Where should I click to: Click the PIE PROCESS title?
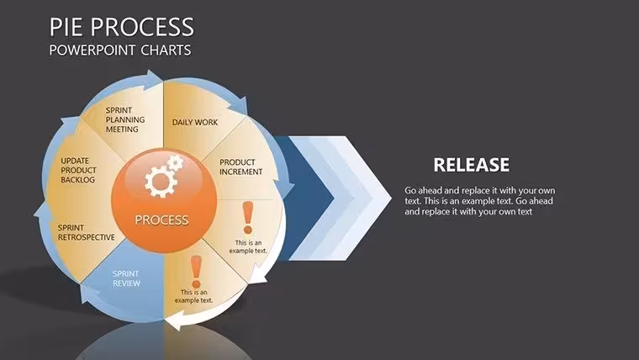pos(121,27)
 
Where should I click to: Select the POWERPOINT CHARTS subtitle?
pos(120,50)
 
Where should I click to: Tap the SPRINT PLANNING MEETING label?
pos(125,119)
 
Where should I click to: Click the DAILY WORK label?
pos(195,122)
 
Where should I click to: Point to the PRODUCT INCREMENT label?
pos(240,167)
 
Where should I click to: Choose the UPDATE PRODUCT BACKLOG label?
pos(79,170)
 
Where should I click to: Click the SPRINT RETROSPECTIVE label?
pos(86,232)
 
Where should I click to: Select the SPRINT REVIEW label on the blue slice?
pos(126,278)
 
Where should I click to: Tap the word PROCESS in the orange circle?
pos(161,220)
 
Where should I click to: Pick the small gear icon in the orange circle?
pos(176,162)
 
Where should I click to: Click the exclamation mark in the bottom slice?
pos(196,271)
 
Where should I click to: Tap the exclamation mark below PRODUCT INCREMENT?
pos(248,218)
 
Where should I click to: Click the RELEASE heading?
pos(472,165)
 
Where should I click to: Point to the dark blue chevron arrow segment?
pos(304,199)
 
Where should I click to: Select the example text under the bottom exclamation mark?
pos(194,296)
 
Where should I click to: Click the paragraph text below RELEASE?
pos(479,201)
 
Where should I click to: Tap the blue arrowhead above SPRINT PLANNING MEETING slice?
pos(154,78)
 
